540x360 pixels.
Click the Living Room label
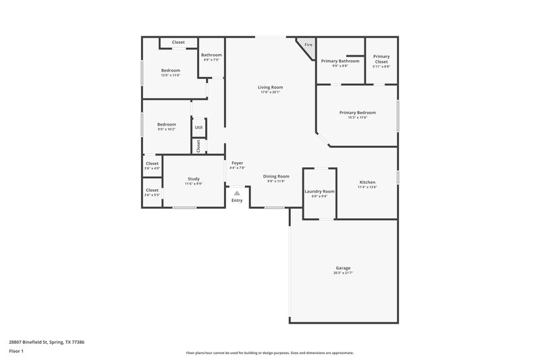[x=270, y=87]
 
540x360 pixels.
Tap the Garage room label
[x=343, y=268]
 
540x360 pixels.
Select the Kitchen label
[x=367, y=182]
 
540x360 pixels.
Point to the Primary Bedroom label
[x=357, y=113]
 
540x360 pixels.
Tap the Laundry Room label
[x=319, y=192]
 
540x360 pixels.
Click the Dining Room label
[x=275, y=176]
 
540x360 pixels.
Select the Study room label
[x=194, y=179]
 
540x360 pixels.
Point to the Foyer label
[x=237, y=163]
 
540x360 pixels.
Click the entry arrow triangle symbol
[x=237, y=192]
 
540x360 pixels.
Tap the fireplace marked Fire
[x=308, y=45]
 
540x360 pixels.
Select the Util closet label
[x=198, y=127]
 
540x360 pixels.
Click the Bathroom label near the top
[x=211, y=55]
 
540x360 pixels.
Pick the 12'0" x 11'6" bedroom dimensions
[x=170, y=75]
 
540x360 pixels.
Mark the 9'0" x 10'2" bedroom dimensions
[x=167, y=128]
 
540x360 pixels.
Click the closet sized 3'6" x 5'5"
[x=152, y=195]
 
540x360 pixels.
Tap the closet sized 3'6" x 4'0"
[x=152, y=168]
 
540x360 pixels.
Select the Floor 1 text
[x=16, y=352]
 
